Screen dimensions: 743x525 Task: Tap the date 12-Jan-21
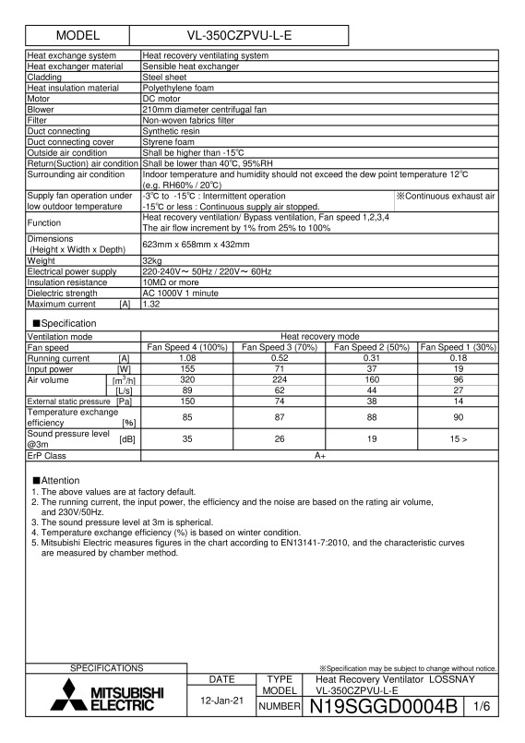(x=222, y=701)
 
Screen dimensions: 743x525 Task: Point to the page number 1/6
(x=483, y=708)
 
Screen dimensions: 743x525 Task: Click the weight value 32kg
(x=153, y=286)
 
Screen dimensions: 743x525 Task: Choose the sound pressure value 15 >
(x=458, y=439)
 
